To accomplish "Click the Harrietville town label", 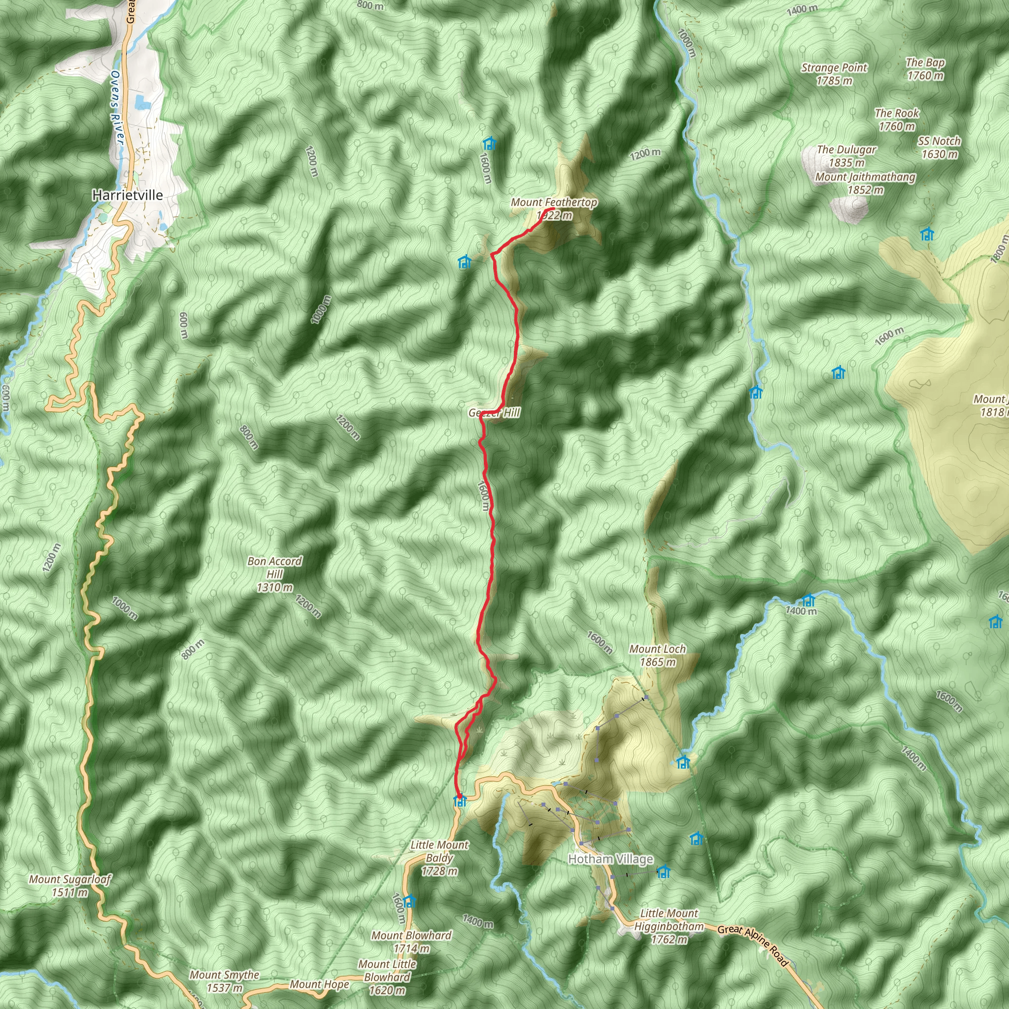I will (x=127, y=195).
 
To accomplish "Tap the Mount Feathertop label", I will (x=554, y=208).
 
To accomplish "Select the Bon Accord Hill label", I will (x=275, y=574).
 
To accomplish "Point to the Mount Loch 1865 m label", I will (x=658, y=655).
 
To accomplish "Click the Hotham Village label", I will (x=610, y=859).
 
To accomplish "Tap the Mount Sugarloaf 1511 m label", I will (x=70, y=886).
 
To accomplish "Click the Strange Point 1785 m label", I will (x=834, y=73).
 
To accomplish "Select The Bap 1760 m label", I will (x=925, y=69).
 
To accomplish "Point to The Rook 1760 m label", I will (x=897, y=120).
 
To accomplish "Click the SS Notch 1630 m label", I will (x=940, y=147).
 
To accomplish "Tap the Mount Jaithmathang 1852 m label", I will (x=865, y=183).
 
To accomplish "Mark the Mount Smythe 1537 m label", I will (x=225, y=981).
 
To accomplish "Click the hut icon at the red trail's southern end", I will (x=460, y=801).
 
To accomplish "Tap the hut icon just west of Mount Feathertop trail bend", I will (x=464, y=262).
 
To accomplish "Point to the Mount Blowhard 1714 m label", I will (x=411, y=942).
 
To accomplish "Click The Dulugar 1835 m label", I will (x=846, y=156).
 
